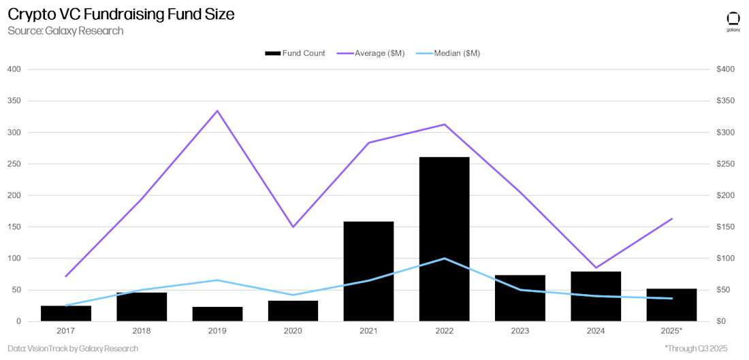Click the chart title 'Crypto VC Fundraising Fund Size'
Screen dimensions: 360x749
pos(121,14)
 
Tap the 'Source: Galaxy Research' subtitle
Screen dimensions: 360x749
pos(65,31)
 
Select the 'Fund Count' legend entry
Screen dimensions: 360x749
pos(295,53)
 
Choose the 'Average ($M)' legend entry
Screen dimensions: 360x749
pos(371,53)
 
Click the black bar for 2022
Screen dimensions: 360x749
pos(444,239)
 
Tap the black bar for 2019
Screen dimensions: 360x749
pos(217,314)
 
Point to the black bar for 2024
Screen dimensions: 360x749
pos(596,296)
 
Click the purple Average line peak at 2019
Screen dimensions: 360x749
pos(217,110)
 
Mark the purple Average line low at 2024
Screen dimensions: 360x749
pos(596,267)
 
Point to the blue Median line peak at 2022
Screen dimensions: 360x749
pos(444,258)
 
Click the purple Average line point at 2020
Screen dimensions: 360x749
pos(293,227)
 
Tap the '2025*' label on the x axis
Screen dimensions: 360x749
pos(671,330)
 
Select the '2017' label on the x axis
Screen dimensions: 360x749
pos(66,330)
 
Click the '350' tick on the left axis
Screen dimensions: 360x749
pos(14,101)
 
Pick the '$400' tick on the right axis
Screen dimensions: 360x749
pos(725,69)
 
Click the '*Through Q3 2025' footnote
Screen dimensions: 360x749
pos(695,348)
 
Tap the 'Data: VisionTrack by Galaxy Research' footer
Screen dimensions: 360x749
pos(73,348)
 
